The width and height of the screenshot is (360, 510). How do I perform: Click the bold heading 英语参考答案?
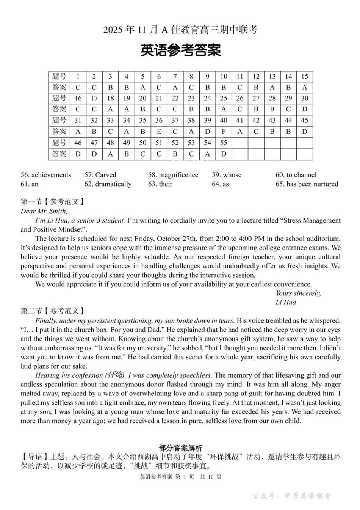coord(180,50)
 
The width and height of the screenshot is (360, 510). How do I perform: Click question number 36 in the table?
coord(159,121)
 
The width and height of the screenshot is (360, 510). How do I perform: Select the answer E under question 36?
coord(159,132)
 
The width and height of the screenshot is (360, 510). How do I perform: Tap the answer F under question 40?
coord(224,132)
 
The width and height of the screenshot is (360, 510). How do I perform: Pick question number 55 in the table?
coord(224,143)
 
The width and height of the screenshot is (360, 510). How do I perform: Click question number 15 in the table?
coord(304,77)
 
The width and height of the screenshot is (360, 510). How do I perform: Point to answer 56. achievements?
coord(46,175)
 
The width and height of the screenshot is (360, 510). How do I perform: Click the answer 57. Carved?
coord(100,175)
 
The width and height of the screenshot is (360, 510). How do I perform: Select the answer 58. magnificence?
coord(173,175)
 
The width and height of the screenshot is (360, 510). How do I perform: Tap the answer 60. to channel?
coord(296,175)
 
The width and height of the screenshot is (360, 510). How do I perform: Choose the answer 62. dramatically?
coord(108,184)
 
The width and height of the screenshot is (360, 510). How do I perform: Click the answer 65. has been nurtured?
coord(307,184)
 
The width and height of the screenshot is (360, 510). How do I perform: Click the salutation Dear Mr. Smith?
coord(44,211)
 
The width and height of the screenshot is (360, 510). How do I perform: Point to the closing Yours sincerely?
coord(298,293)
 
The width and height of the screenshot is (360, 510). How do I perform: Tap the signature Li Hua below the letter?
coord(285,302)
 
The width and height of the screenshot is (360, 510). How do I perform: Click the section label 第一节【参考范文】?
coord(52,202)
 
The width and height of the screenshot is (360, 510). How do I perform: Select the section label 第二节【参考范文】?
coord(52,311)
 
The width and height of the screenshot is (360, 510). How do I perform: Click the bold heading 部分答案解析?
coord(180,448)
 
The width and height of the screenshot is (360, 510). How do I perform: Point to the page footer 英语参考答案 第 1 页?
coord(180,477)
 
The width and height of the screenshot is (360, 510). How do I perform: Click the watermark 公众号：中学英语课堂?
coord(291,496)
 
